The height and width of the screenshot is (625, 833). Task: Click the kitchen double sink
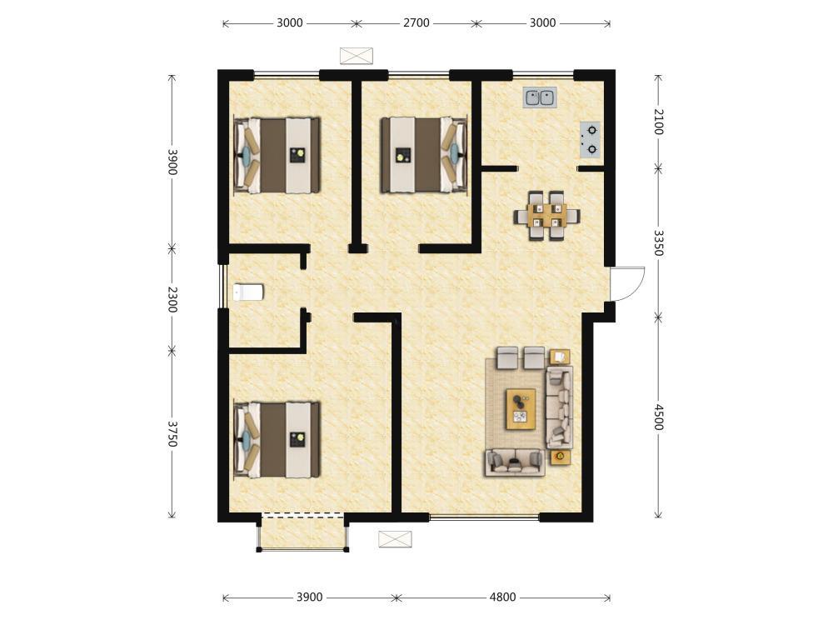coord(540,97)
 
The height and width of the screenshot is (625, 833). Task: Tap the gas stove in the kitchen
coord(591,140)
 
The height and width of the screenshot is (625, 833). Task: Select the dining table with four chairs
coord(546,216)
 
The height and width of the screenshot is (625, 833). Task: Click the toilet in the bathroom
coord(248,292)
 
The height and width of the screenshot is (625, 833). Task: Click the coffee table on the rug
coord(521,408)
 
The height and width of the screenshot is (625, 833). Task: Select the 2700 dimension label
coord(416,22)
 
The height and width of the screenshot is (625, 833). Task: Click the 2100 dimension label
coord(659,122)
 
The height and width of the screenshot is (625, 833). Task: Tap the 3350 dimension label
coord(659,242)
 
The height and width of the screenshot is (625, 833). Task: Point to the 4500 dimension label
coord(659,417)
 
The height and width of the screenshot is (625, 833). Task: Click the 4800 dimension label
coord(502,597)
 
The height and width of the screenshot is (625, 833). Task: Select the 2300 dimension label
coord(172,299)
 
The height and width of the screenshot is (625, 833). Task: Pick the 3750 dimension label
coord(172,433)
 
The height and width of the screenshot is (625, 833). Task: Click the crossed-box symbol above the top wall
coord(357,56)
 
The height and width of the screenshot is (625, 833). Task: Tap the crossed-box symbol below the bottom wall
coord(395,539)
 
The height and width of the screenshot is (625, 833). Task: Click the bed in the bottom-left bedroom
coord(277,439)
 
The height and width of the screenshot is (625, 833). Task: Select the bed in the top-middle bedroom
coord(424,155)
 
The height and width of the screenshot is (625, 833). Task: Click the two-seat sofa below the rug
coord(515,462)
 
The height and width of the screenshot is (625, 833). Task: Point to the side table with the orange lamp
coord(561,457)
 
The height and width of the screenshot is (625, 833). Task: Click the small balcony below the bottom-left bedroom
coord(302,532)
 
